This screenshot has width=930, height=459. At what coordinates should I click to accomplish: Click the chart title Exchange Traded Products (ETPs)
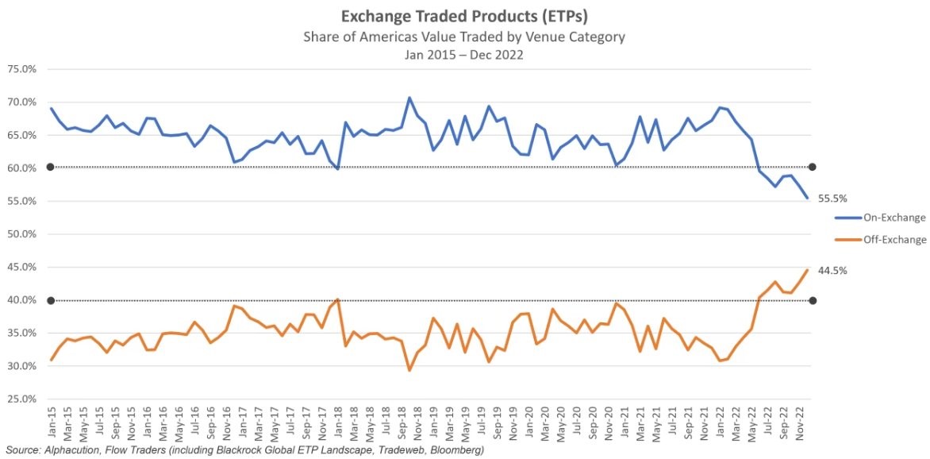[x=464, y=17]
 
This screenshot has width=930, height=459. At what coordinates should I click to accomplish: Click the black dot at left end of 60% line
[x=49, y=167]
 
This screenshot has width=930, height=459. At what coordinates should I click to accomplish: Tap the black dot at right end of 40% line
[x=812, y=300]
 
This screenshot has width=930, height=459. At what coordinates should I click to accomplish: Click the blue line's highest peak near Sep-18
[x=409, y=98]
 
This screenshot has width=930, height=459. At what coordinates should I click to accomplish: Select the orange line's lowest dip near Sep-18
[x=409, y=370]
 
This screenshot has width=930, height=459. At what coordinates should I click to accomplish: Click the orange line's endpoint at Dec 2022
[x=807, y=270]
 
